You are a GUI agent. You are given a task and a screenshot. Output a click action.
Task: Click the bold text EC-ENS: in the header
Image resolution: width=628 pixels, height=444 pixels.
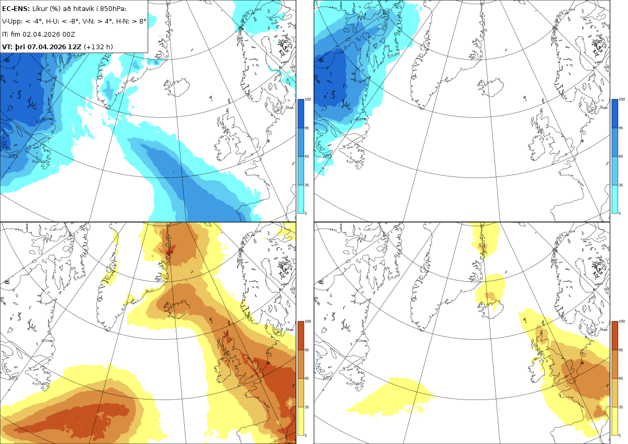(x=16, y=9)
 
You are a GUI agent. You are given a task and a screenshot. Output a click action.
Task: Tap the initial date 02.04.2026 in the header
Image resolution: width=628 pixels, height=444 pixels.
(x=42, y=34)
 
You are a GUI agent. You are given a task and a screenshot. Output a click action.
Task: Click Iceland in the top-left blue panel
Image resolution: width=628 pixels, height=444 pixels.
(x=177, y=87)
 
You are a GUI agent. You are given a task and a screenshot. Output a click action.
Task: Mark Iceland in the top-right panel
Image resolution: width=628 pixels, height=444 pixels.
(x=491, y=87)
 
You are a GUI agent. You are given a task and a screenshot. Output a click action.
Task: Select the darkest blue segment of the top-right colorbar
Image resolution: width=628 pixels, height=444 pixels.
(x=614, y=114)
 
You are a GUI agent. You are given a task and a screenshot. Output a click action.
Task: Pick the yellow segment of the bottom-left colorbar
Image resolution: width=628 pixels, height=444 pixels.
(x=300, y=421)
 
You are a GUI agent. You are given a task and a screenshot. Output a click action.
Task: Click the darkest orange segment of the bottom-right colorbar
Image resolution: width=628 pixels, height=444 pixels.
(x=614, y=336)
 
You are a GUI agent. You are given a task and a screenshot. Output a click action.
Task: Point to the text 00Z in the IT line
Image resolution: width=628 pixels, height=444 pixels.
(x=69, y=34)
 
